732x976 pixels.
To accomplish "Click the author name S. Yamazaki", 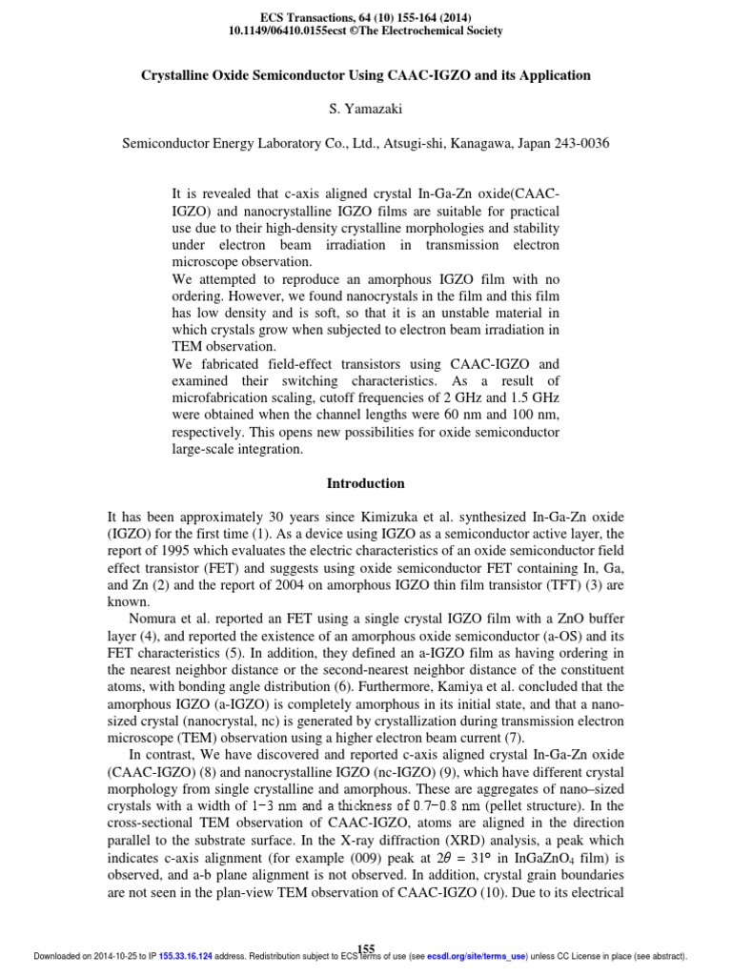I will pos(367,110).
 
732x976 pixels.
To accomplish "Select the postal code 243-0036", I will pos(579,143).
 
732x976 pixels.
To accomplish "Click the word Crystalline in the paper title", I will pos(177,75).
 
